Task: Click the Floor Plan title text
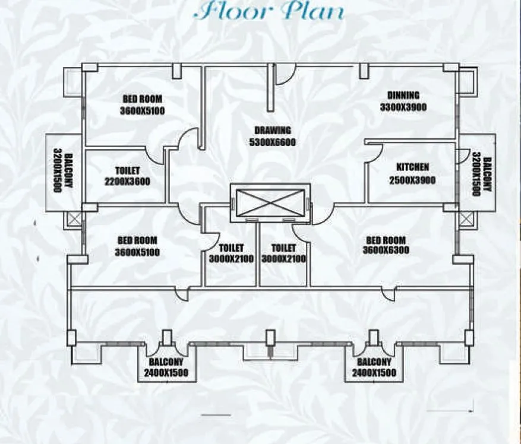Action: pos(271,12)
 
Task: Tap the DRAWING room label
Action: pos(273,131)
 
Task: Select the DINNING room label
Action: pos(403,95)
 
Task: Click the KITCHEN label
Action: pos(412,167)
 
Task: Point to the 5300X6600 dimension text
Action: pos(273,142)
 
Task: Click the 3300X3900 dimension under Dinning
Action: pos(403,107)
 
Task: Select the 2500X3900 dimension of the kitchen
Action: pos(412,180)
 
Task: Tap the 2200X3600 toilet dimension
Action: pos(127,182)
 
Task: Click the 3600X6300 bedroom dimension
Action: pos(386,250)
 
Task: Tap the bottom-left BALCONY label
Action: pos(166,362)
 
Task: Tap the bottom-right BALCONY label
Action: pos(374,362)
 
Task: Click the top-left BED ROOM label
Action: pos(143,99)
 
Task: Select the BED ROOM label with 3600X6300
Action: pos(386,240)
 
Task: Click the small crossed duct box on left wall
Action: pos(74,220)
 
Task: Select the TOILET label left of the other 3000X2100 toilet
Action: pos(232,248)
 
